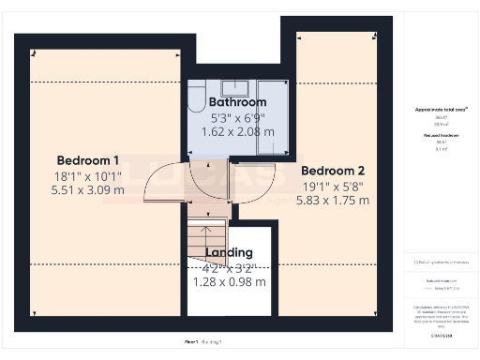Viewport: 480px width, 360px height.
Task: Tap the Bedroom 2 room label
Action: [x=333, y=171]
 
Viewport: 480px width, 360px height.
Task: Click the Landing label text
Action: [x=230, y=252]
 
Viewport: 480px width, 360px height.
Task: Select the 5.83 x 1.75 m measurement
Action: [x=333, y=201]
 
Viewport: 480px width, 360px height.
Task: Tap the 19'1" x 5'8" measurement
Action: [x=333, y=186]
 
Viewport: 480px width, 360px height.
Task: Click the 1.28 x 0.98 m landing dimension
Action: [x=230, y=281]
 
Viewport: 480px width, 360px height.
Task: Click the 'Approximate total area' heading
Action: [x=441, y=110]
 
